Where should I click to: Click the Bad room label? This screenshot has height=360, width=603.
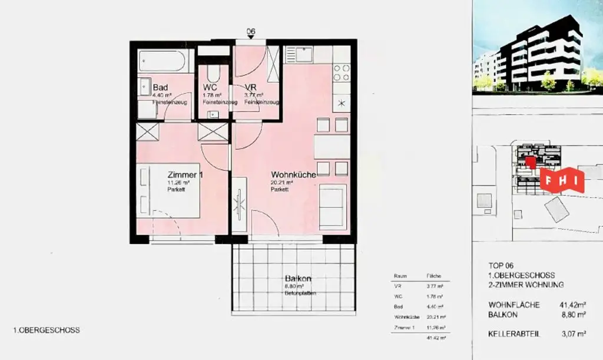pyautogui.click(x=160, y=87)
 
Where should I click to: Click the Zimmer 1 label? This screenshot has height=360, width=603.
pyautogui.click(x=185, y=175)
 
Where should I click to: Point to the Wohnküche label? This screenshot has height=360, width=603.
pyautogui.click(x=293, y=175)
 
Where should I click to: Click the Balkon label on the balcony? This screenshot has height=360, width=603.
pyautogui.click(x=298, y=278)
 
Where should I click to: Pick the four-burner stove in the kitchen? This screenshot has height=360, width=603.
pyautogui.click(x=342, y=72)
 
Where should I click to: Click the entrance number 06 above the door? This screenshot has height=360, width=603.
pyautogui.click(x=251, y=32)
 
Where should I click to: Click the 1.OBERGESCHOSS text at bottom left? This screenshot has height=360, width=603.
pyautogui.click(x=47, y=331)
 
